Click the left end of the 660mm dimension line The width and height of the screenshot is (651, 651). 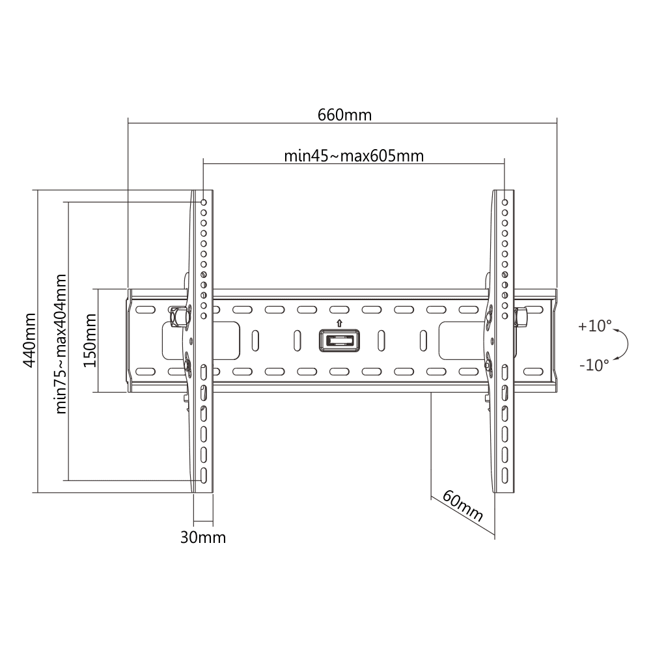pos(128,123)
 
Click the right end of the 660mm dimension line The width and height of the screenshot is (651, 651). pos(557,123)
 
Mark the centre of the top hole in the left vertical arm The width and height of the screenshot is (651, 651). pos(204,202)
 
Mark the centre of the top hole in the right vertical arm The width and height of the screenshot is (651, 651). pos(505,202)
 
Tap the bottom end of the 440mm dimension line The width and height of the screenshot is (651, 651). pos(38,493)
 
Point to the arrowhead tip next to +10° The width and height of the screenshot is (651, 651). pos(613,330)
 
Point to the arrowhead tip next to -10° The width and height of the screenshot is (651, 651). pos(614,358)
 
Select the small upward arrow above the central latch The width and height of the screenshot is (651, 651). pos(340,323)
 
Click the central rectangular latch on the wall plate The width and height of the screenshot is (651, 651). pos(340,341)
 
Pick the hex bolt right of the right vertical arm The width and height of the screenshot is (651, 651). pos(520,317)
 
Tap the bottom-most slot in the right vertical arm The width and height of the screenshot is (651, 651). pos(505,475)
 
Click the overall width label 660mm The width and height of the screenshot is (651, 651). pos(344,115)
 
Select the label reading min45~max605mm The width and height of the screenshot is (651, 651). pos(353,156)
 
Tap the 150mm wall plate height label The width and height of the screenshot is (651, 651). pos(90,340)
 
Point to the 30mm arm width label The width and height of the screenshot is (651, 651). pos(203,537)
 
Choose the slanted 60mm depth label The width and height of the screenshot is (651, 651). pos(462,506)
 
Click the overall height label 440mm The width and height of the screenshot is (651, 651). pos(29,340)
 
